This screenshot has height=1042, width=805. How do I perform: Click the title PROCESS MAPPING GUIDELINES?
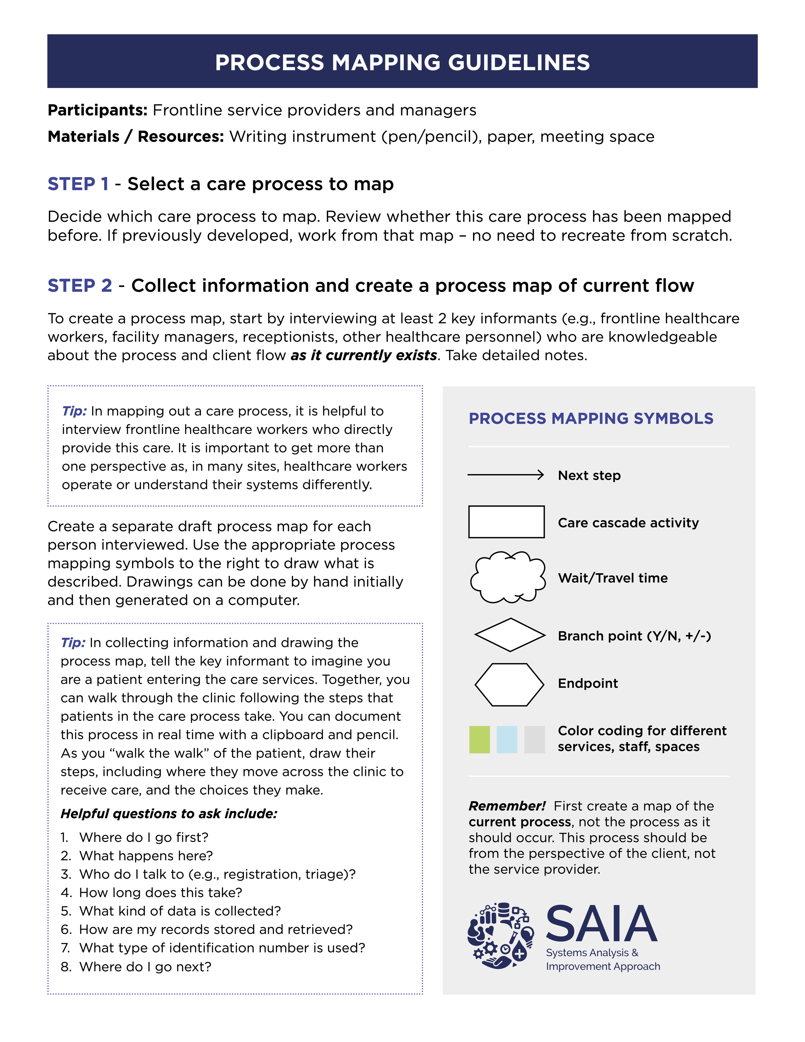pyautogui.click(x=402, y=62)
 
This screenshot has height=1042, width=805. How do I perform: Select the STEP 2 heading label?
pyautogui.click(x=80, y=286)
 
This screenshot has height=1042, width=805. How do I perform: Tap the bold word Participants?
pyautogui.click(x=97, y=110)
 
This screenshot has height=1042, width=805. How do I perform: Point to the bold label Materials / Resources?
pyautogui.click(x=136, y=137)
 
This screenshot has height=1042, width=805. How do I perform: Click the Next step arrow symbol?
pyautogui.click(x=506, y=475)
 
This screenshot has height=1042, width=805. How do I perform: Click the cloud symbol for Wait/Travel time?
pyautogui.click(x=508, y=577)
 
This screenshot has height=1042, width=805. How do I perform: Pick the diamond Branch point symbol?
pyautogui.click(x=510, y=635)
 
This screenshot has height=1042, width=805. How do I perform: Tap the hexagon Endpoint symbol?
pyautogui.click(x=509, y=684)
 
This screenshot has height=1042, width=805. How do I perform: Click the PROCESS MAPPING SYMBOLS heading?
pyautogui.click(x=591, y=418)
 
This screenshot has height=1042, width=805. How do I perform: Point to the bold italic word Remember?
pyautogui.click(x=507, y=806)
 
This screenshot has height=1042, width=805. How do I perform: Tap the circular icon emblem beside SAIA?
pyautogui.click(x=500, y=935)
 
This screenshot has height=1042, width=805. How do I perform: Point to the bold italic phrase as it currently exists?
pyautogui.click(x=364, y=356)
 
